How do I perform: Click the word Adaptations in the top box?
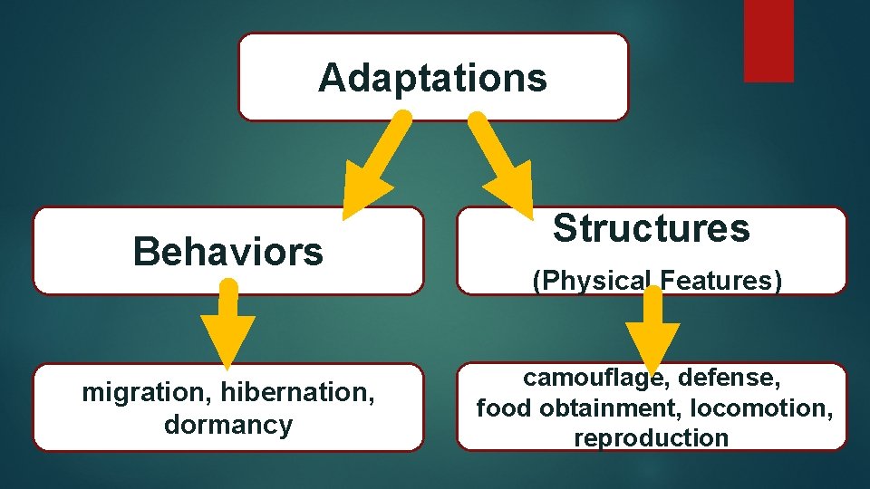coord(432,78)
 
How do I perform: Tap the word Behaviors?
coord(227,251)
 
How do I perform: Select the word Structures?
coord(652,228)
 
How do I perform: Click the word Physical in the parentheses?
coord(592,281)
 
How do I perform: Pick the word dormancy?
coord(228,425)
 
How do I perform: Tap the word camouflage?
coord(595,377)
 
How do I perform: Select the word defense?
coord(730,377)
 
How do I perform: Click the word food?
coord(504,407)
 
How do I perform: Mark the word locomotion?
coord(761,407)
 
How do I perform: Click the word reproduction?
coord(651,438)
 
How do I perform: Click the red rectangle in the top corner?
coord(768,41)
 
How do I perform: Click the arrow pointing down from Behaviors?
coord(228,326)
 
